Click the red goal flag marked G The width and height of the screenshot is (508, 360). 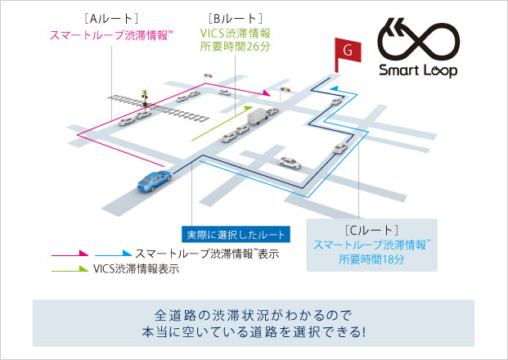pos(347,51)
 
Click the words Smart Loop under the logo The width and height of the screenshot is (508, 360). pos(418,71)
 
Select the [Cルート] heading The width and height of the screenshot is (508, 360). pos(372,229)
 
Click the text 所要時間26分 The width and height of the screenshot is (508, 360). pos(236,46)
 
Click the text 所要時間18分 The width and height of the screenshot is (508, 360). pos(372,259)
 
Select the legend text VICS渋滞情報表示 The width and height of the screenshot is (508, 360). pos(137,268)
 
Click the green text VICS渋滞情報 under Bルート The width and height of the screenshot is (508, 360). pos(236,33)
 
